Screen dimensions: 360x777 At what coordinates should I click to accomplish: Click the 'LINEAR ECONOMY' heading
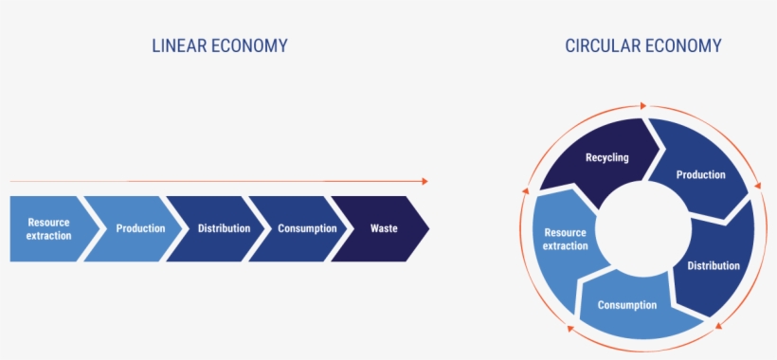220,45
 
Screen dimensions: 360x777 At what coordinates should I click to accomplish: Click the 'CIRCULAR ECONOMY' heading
643,45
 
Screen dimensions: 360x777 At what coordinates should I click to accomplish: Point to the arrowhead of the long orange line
424,181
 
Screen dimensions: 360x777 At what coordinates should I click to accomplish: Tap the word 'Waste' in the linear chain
384,228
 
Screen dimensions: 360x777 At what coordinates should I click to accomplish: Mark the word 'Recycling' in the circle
606,157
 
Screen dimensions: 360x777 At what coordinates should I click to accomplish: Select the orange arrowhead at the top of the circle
644,105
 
